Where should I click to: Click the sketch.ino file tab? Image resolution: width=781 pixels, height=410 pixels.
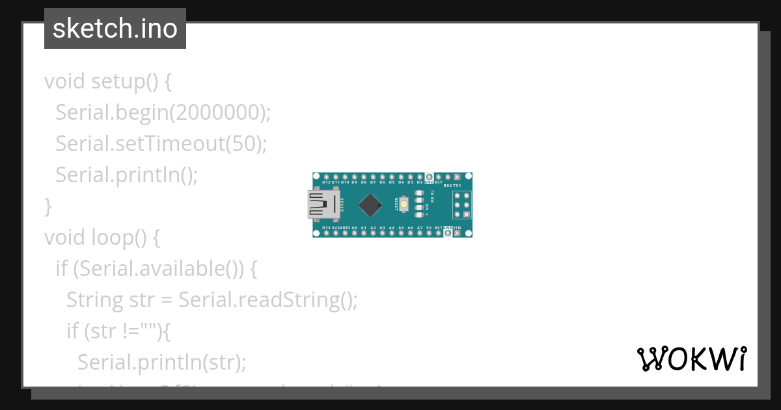[115, 29]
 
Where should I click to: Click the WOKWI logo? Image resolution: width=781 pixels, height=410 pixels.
[691, 359]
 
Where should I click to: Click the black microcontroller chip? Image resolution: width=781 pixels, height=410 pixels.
[370, 205]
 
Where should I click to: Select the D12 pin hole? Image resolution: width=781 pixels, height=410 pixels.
[325, 177]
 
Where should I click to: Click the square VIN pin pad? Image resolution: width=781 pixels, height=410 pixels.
[457, 233]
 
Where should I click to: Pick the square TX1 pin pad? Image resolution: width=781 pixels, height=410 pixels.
[457, 177]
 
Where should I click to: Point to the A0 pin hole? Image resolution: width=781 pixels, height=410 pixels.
[354, 233]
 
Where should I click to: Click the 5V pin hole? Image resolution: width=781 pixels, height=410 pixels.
[429, 233]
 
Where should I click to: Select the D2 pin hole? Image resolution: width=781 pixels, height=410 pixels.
[420, 177]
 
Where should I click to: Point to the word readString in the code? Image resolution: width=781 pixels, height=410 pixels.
[293, 300]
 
